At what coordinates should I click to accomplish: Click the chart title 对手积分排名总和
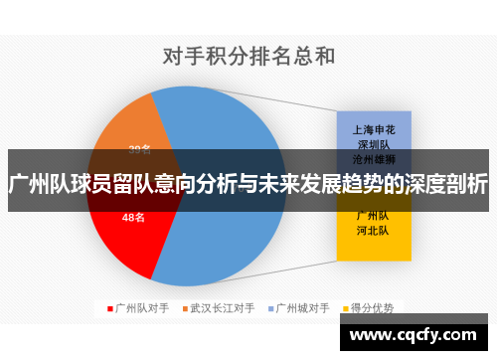pyautogui.click(x=248, y=57)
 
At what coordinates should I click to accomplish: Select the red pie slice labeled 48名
pyautogui.click(x=124, y=234)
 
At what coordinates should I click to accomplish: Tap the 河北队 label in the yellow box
pyautogui.click(x=372, y=230)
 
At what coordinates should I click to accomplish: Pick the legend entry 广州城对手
pyautogui.click(x=302, y=308)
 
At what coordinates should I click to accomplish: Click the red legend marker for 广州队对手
pyautogui.click(x=110, y=308)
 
